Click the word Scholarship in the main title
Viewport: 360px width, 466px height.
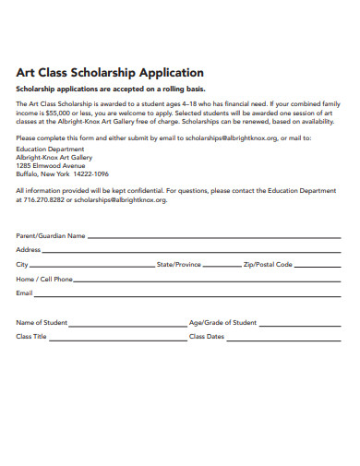coord(105,72)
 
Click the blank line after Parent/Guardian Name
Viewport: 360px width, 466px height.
coord(211,237)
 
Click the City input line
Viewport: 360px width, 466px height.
coord(92,265)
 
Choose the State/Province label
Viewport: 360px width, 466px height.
coord(179,265)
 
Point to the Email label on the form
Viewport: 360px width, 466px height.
coord(24,293)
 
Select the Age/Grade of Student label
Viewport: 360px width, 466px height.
coord(222,323)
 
